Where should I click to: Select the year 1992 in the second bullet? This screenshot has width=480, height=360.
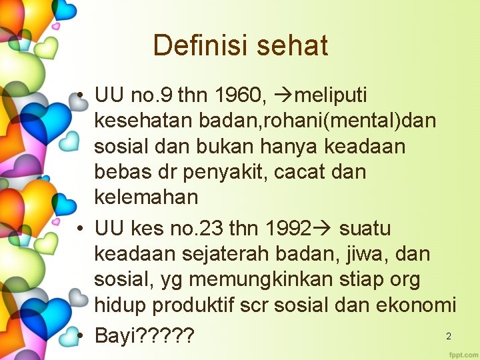point(288,229)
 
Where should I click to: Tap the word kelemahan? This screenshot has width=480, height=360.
point(146,197)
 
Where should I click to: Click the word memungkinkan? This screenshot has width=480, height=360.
point(262,279)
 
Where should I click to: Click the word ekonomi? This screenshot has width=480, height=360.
point(417,305)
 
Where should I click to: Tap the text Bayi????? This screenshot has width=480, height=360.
point(144,336)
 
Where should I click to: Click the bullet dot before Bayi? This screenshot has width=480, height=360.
point(79,336)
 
